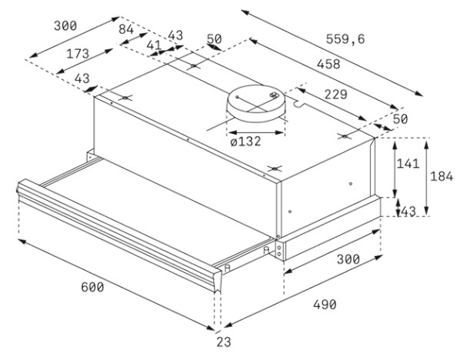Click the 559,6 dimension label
pos(345,39)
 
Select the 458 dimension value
pos(328,64)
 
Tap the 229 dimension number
pos(336,95)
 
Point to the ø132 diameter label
pos(246,142)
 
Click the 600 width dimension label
pos(92,288)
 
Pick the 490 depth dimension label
pos(325,305)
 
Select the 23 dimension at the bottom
pos(224,342)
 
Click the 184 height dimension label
pos(442,177)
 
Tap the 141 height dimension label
pos(408,164)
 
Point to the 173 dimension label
pos(78,54)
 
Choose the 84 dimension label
pos(126,29)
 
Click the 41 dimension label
pos(154,45)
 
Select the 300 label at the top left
pos(65,26)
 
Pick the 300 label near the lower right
pos(348,259)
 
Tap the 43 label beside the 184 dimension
pos(408,212)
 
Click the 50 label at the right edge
pos(401,119)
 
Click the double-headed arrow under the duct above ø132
pos(255,132)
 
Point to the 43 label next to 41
pos(175,35)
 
